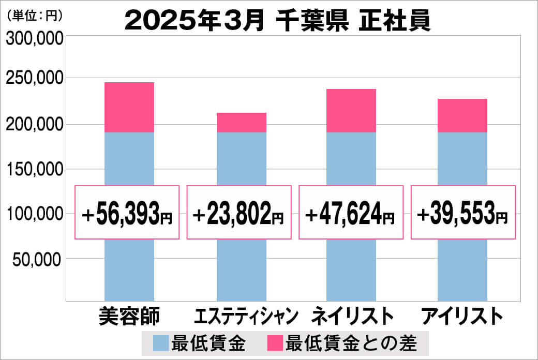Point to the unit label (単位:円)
(x=35, y=16)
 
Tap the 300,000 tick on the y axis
(x=34, y=39)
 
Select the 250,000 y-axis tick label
(x=34, y=79)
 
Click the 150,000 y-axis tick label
(x=34, y=169)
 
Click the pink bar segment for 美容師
(x=129, y=107)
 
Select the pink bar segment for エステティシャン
(x=241, y=122)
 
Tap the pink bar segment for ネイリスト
(x=351, y=110)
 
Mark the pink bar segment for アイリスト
(x=462, y=115)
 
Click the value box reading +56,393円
(x=127, y=212)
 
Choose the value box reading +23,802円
(x=239, y=212)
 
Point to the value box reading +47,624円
(x=351, y=212)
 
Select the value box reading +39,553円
(x=463, y=212)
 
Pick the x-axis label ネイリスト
(x=352, y=316)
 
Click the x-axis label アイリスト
(x=462, y=316)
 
